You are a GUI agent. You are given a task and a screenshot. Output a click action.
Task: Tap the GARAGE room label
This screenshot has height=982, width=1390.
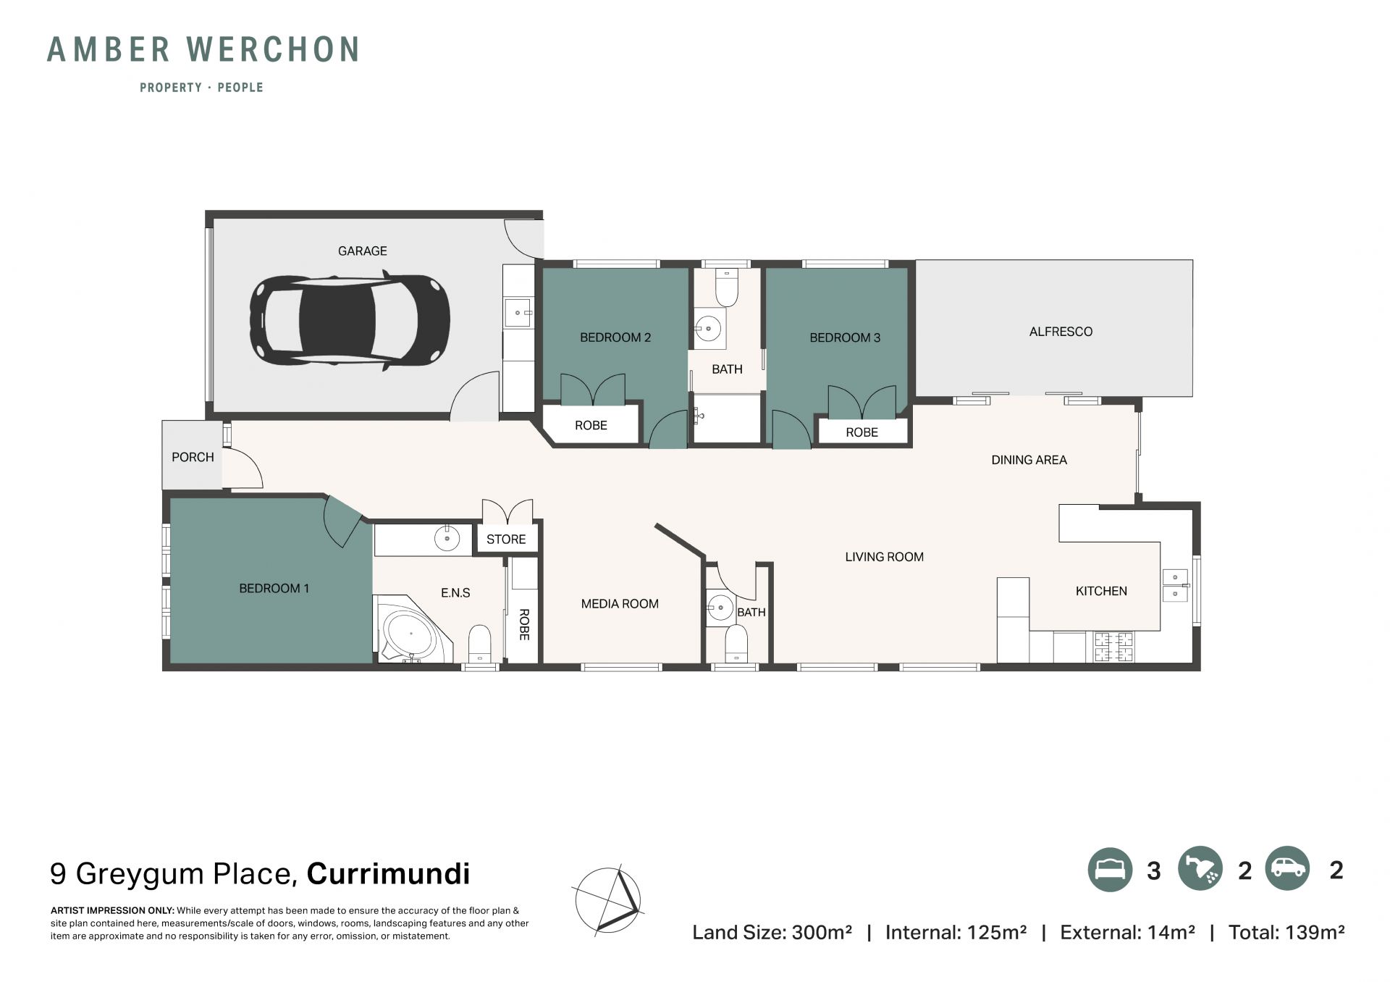pyautogui.click(x=362, y=251)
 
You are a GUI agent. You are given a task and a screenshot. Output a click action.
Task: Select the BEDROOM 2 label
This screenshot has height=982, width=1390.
pyautogui.click(x=615, y=337)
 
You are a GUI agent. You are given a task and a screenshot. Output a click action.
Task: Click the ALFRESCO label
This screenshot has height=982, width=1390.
pyautogui.click(x=1061, y=332)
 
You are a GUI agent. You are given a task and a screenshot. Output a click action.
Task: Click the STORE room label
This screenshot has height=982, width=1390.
pyautogui.click(x=506, y=540)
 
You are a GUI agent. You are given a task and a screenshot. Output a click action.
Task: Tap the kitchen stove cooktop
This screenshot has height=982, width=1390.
pyautogui.click(x=1113, y=647)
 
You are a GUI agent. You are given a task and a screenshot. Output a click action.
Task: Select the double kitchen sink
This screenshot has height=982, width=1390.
pyautogui.click(x=1175, y=586)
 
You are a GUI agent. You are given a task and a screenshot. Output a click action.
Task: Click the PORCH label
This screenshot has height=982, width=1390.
pyautogui.click(x=193, y=458)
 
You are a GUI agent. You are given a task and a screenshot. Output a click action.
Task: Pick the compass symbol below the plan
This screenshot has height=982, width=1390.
pyautogui.click(x=608, y=900)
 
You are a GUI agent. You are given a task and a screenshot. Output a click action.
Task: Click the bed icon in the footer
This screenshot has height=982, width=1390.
pyautogui.click(x=1110, y=869)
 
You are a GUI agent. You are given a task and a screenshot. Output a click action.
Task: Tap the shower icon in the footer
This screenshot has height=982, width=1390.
pyautogui.click(x=1200, y=868)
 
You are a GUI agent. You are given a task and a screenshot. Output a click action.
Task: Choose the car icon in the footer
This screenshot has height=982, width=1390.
pyautogui.click(x=1288, y=868)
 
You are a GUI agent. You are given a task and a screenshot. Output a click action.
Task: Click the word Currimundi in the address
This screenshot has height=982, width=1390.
pyautogui.click(x=388, y=873)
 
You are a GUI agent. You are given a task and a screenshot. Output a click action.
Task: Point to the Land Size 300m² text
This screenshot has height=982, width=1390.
pyautogui.click(x=772, y=932)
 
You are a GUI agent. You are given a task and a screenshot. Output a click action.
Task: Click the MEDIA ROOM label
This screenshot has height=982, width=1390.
pyautogui.click(x=620, y=604)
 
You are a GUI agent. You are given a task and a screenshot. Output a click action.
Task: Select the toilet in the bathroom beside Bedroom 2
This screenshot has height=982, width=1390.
pyautogui.click(x=726, y=288)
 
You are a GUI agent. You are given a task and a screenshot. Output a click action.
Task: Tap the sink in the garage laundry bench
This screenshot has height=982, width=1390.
pyautogui.click(x=518, y=313)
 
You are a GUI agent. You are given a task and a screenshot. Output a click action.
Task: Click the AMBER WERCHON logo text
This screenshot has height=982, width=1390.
pyautogui.click(x=203, y=49)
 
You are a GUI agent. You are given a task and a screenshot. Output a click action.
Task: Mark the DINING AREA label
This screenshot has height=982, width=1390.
pyautogui.click(x=1029, y=460)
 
